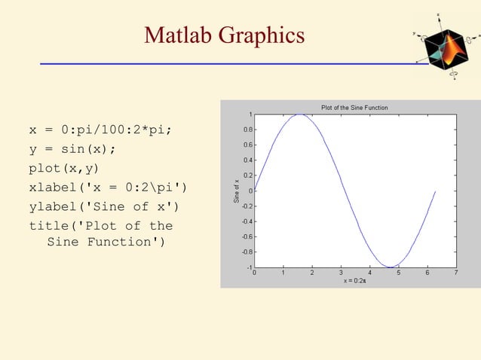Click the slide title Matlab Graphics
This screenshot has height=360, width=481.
click(x=225, y=35)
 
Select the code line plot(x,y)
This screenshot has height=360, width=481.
click(x=64, y=167)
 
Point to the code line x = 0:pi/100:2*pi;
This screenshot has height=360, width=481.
click(x=100, y=130)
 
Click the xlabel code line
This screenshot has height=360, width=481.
click(x=108, y=187)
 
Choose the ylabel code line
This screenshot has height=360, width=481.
click(x=104, y=206)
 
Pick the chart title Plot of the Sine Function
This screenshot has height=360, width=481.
click(x=354, y=108)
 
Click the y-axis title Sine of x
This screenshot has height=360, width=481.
click(x=236, y=191)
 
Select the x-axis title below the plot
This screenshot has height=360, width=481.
click(x=354, y=280)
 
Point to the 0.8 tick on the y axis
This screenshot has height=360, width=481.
click(x=247, y=130)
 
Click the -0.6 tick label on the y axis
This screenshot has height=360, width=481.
click(x=246, y=236)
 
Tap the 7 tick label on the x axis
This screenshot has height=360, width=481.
click(x=456, y=273)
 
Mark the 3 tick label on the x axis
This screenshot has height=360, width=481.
click(x=341, y=273)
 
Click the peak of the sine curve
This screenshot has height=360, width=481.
click(x=300, y=114)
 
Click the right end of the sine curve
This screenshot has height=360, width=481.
click(x=435, y=191)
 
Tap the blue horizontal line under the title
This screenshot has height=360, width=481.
click(x=234, y=64)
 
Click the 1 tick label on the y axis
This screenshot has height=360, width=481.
click(x=250, y=114)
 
